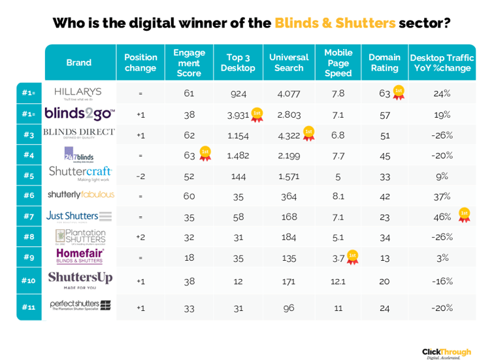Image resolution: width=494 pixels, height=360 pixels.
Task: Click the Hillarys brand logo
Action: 78,93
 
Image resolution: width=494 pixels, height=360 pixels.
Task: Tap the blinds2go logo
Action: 79,114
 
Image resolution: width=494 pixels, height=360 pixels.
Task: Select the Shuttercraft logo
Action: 80,173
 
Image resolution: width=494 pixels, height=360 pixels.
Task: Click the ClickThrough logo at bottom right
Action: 446,353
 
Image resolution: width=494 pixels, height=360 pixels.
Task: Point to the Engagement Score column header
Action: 189,63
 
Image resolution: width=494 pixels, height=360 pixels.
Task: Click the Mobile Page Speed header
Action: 338,63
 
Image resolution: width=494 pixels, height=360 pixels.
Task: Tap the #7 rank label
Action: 29,216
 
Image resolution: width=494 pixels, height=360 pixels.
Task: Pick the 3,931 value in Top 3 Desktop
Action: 238,115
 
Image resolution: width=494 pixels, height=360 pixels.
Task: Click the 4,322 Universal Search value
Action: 289,135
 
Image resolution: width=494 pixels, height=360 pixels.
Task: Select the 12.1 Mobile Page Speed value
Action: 338,281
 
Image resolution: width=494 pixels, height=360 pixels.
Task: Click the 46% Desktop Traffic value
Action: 442,216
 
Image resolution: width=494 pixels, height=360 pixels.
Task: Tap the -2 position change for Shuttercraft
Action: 140,176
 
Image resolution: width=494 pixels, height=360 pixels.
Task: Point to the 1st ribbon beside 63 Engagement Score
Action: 205,154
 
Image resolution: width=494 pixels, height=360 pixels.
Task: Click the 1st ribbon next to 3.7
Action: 352,257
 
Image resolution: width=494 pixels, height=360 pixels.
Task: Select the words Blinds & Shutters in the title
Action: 335,24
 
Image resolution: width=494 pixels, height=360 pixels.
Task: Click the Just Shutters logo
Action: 79,216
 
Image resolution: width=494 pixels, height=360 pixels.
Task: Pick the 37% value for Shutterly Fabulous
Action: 442,195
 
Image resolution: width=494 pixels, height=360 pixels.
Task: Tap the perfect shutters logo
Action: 80,305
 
